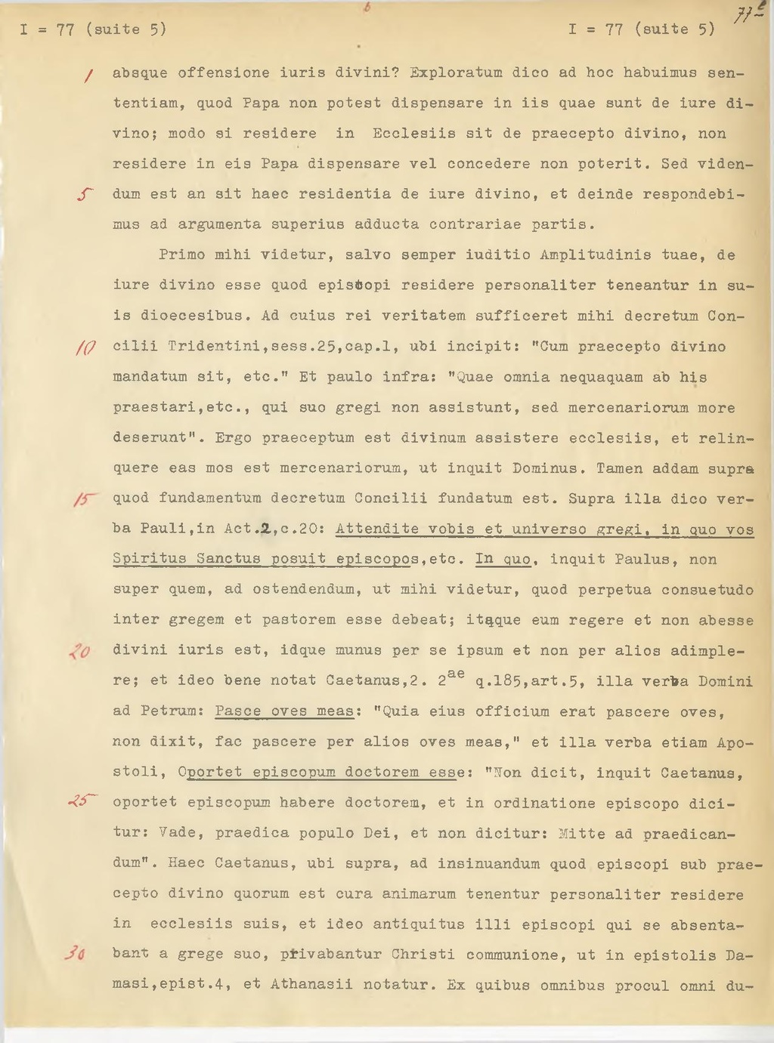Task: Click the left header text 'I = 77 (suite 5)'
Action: [x=93, y=29]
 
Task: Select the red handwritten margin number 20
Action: [x=79, y=651]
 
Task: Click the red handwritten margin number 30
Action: [x=75, y=954]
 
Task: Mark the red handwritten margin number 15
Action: [x=84, y=499]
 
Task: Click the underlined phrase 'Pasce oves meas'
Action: [x=284, y=711]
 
